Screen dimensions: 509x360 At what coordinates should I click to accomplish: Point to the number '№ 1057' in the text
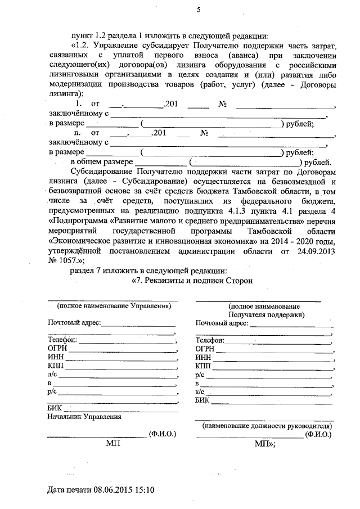click(x=62, y=260)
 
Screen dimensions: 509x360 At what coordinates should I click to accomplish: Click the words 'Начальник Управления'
click(x=84, y=417)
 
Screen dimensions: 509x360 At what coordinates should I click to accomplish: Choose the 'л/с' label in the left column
click(x=52, y=373)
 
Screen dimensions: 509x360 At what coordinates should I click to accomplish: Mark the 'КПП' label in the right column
click(x=203, y=366)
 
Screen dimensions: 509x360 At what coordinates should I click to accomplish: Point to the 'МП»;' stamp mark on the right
click(x=264, y=444)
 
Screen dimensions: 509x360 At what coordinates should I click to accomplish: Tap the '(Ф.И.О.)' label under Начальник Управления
click(x=163, y=434)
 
